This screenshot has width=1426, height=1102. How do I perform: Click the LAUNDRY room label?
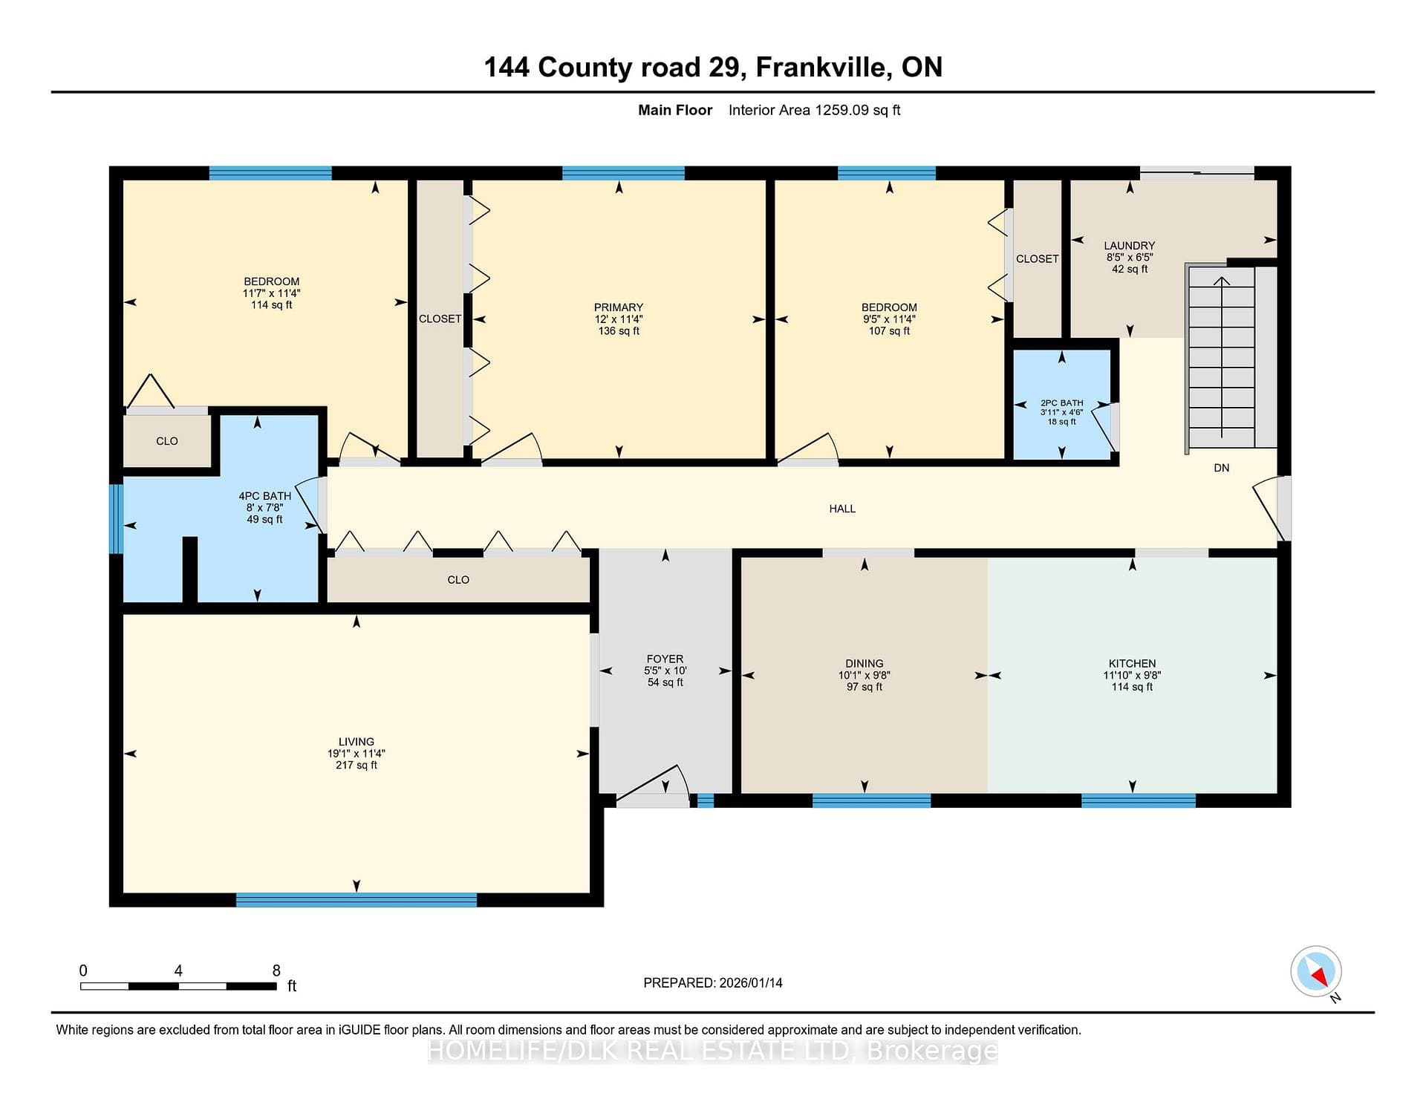(1129, 246)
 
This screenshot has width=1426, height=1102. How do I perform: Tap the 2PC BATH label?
(1061, 403)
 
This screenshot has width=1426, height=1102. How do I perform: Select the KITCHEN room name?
(1132, 664)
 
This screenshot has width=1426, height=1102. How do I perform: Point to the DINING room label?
(864, 664)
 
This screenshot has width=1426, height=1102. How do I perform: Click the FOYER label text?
(665, 659)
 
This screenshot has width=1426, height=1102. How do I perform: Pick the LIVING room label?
(356, 742)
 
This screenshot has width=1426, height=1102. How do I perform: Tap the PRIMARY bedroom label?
(618, 307)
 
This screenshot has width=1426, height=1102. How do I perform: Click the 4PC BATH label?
(264, 496)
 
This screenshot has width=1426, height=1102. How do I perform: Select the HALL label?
(842, 509)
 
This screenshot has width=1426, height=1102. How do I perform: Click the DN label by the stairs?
(1221, 468)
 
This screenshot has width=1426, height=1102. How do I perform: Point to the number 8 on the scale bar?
(276, 971)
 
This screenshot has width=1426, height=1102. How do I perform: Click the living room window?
(356, 900)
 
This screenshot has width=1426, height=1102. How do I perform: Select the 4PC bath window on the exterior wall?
(116, 519)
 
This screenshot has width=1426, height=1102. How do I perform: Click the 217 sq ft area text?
(356, 766)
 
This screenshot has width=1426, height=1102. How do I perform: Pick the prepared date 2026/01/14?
(751, 983)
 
